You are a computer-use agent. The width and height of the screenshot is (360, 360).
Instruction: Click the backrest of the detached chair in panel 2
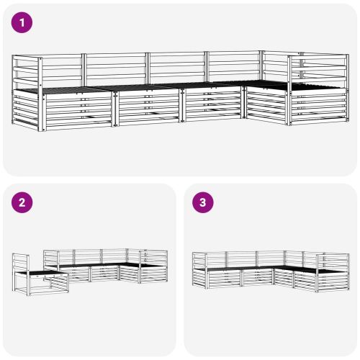pyautogui.click(x=19, y=264)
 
